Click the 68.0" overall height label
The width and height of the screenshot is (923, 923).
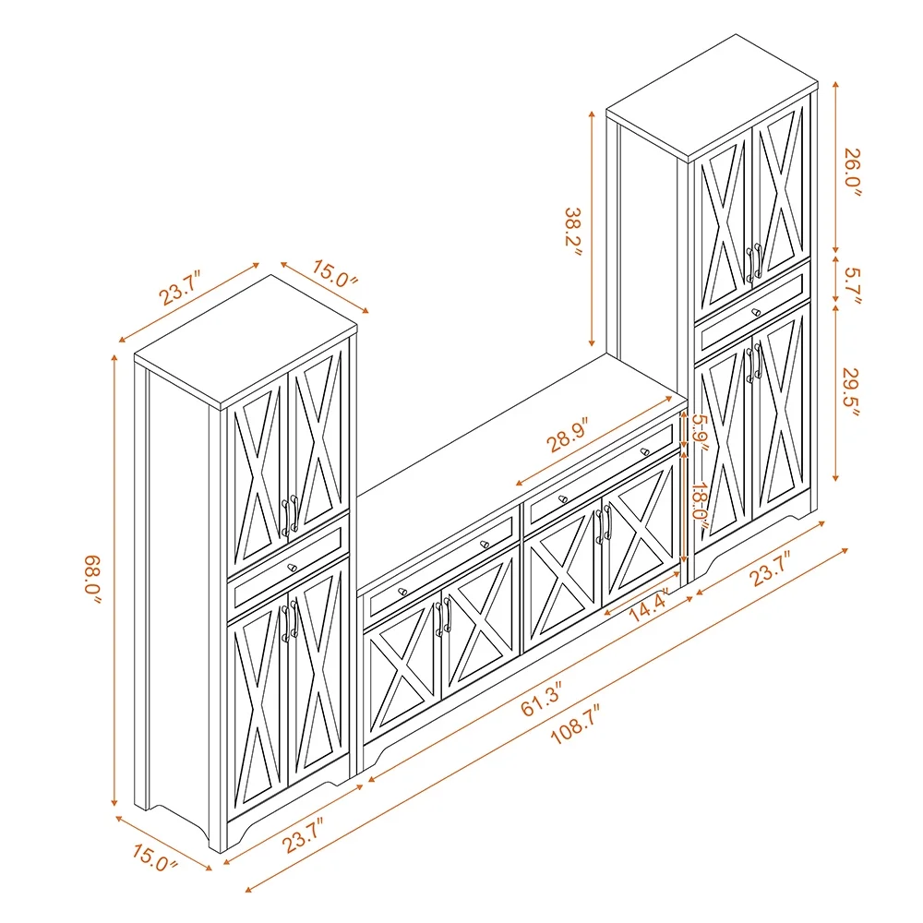point(92,580)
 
